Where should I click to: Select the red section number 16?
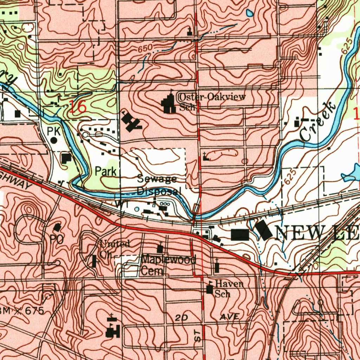coord(77,107)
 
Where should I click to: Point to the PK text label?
coord(54,131)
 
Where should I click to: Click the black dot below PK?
coord(53,140)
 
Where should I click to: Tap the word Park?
coord(106,172)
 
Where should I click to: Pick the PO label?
coord(56,239)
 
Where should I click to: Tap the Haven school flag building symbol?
coord(210,289)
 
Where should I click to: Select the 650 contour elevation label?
coord(144,50)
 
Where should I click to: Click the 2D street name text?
coord(182,317)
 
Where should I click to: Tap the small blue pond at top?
coord(250,13)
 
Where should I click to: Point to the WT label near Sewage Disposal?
coord(118,204)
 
